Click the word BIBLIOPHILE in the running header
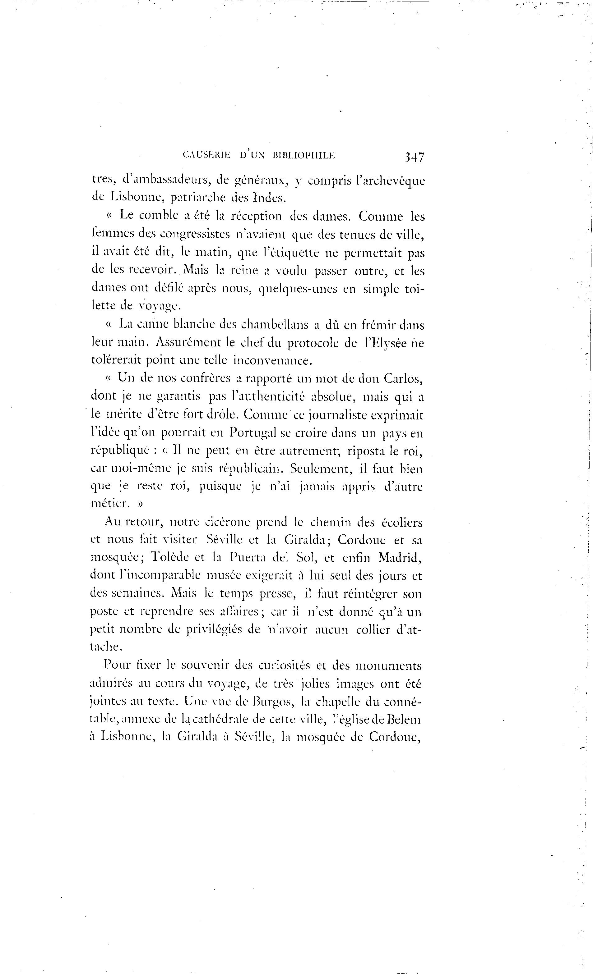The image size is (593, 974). click(303, 155)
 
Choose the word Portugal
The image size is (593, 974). click(252, 433)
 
